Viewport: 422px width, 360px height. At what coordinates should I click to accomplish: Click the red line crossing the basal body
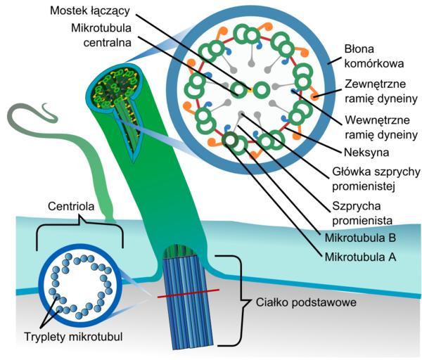(x=188, y=293)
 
